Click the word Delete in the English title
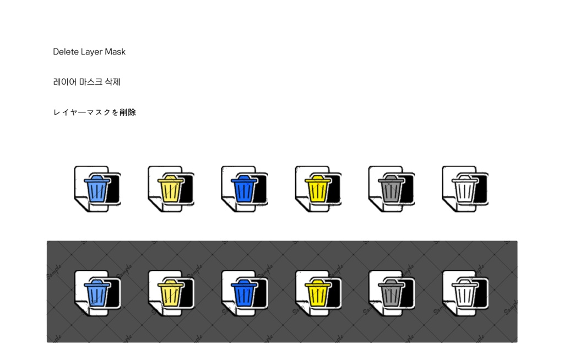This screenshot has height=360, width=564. point(66,52)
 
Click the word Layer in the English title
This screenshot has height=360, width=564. point(92,52)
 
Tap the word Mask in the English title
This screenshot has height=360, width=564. point(115,52)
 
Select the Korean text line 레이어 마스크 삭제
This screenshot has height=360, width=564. point(86,82)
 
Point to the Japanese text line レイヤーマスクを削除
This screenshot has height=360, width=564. point(95,112)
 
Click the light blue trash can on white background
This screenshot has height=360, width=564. point(97,188)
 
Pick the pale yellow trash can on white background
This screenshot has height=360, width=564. point(171,188)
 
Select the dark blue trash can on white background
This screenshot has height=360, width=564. point(244,188)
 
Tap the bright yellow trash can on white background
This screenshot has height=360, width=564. point(318,188)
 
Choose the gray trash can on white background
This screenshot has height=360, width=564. point(392,188)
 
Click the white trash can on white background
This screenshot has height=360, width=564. point(465,188)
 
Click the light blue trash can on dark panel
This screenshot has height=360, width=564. point(97,293)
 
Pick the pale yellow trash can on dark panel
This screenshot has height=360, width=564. point(171,293)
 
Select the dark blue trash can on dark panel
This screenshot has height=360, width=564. point(244,293)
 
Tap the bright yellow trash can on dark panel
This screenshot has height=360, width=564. point(318,293)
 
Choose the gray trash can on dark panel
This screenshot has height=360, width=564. point(392,293)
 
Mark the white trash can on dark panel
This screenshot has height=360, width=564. point(465,293)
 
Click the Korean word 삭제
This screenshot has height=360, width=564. point(112,82)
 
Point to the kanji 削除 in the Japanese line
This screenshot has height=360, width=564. point(128,112)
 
